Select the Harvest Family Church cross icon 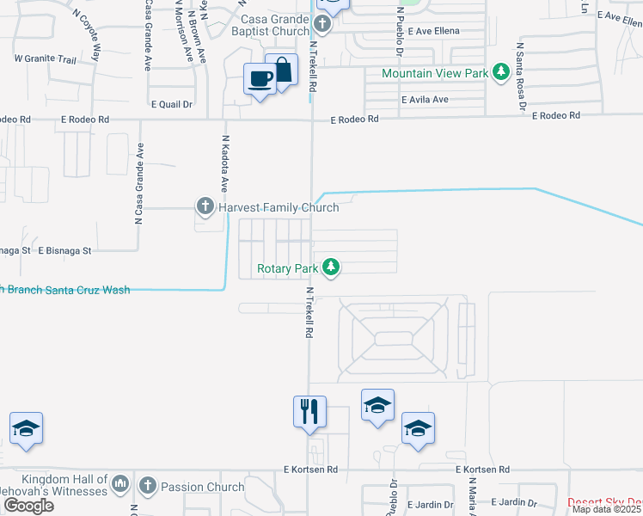pos(205,206)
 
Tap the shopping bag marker pos(281,70)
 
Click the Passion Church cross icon pos(148,487)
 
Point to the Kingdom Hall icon pos(120,484)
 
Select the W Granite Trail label pos(46,58)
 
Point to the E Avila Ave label pos(425,99)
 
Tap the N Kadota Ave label pos(225,163)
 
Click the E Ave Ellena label pos(434,31)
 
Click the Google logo pos(28,506)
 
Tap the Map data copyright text pos(607,509)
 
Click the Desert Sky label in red pos(605,501)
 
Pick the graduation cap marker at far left pos(27,428)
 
